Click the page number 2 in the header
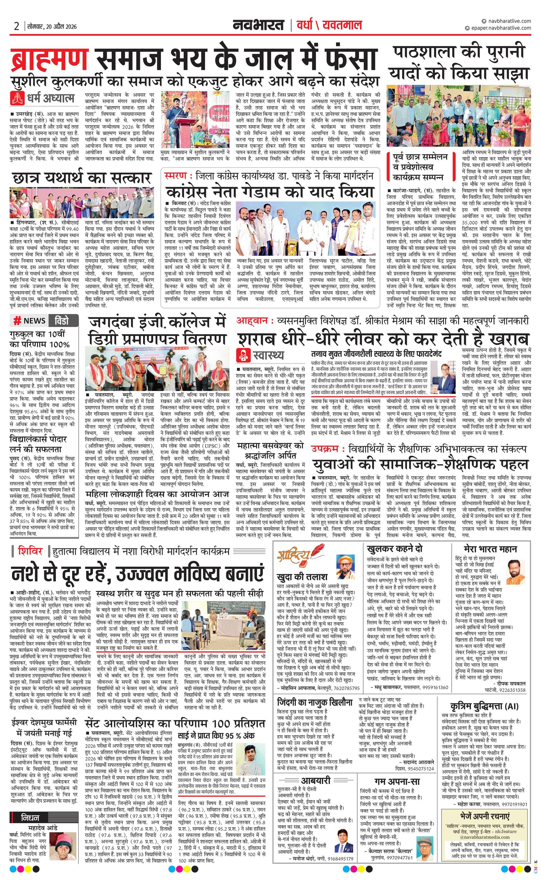coord(17,26)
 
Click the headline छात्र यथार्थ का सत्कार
coord(81,178)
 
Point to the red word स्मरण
coord(176,176)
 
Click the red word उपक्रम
coord(325,449)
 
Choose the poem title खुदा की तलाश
coord(302,577)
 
